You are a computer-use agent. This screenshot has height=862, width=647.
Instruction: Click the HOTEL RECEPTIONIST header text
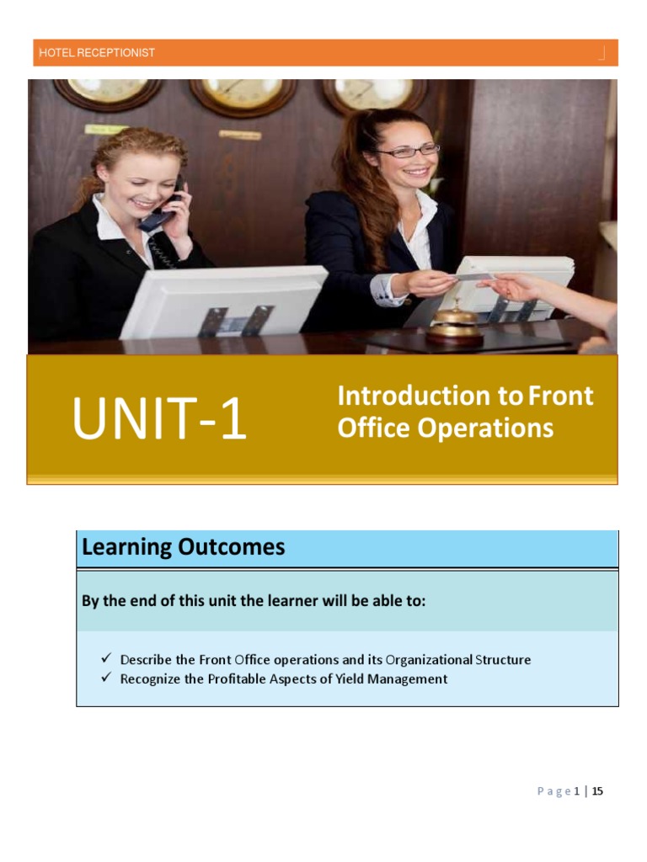click(x=97, y=53)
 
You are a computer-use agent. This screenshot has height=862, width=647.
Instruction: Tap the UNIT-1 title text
click(x=159, y=420)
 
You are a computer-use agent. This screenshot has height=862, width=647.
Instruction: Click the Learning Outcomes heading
click(x=183, y=548)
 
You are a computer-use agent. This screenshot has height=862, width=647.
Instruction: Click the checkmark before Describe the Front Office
click(x=105, y=659)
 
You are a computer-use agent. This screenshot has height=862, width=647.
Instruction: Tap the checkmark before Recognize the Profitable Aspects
click(x=105, y=678)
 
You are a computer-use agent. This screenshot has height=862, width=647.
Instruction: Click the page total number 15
click(x=597, y=791)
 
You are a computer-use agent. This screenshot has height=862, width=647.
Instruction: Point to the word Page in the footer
click(x=553, y=791)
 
